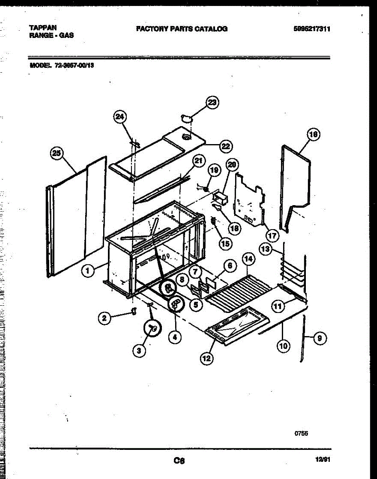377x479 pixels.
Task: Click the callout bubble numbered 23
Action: pos(212,103)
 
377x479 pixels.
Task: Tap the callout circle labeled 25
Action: pos(58,153)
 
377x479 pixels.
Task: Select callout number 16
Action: pos(313,135)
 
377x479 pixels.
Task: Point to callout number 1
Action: pos(88,271)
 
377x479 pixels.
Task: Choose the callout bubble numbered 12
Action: pos(206,358)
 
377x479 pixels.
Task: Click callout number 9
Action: pos(319,338)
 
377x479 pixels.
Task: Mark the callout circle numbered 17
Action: pos(272,236)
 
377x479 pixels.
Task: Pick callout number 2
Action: pos(104,318)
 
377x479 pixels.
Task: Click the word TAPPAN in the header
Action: pos(43,28)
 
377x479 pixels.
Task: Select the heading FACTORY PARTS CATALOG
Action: pos(182,29)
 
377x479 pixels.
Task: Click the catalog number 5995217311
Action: pos(311,29)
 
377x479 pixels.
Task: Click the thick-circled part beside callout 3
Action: pos(152,328)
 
